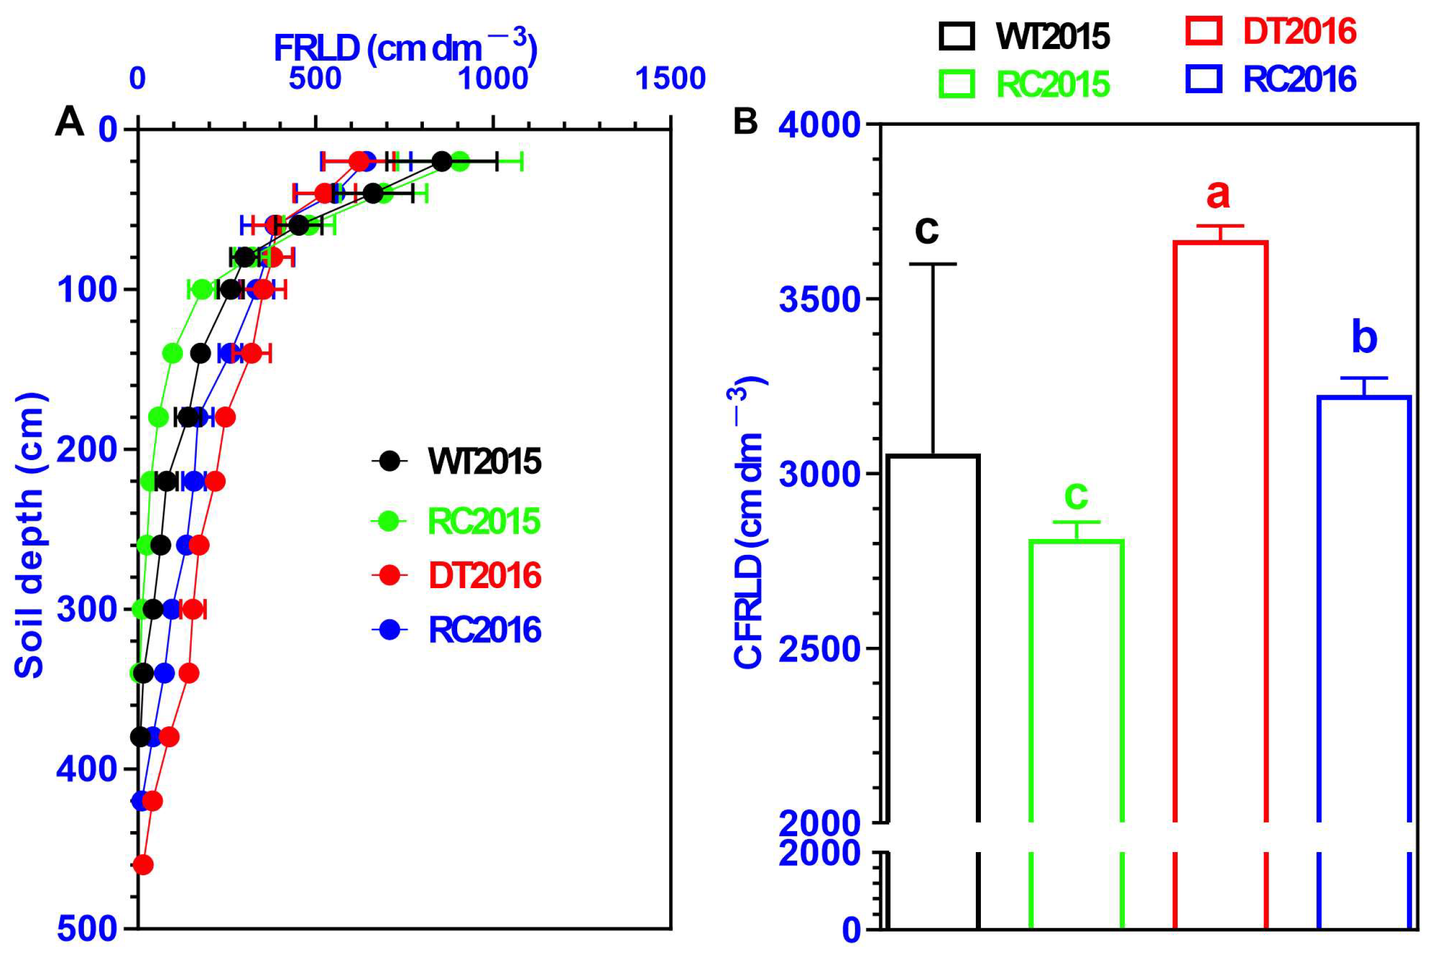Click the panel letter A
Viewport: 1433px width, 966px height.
[x=69, y=121]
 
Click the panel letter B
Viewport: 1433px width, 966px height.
[x=745, y=121]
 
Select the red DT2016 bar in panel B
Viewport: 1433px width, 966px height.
[x=1220, y=530]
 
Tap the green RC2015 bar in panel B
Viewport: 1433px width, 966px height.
[x=1077, y=678]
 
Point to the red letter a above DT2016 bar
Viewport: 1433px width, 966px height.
[x=1218, y=195]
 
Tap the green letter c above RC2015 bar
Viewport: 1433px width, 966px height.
[x=1077, y=495]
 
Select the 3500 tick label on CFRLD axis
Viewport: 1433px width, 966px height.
[x=820, y=300]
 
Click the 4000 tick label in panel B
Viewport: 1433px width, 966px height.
[x=820, y=126]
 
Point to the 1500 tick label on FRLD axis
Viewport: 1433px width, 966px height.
[x=671, y=79]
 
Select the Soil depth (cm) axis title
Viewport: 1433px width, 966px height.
[x=29, y=535]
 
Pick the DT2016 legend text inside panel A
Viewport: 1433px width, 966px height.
[x=485, y=575]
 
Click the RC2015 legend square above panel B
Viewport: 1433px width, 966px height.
[x=956, y=84]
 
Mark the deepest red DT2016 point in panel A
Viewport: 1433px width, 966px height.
[x=142, y=865]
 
